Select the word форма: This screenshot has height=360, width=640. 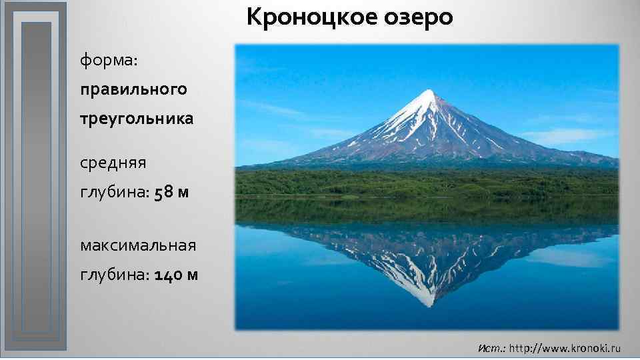(x=109, y=61)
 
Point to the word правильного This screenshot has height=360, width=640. (x=133, y=89)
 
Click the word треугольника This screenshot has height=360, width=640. (x=137, y=119)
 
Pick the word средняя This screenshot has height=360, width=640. (x=113, y=162)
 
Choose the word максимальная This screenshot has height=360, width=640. (x=138, y=245)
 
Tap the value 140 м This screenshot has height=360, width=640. (x=175, y=275)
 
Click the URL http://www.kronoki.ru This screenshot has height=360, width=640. (x=565, y=348)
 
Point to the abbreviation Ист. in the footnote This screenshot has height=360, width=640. (x=492, y=348)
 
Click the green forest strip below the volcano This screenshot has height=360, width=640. (x=427, y=181)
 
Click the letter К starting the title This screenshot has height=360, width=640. (x=254, y=17)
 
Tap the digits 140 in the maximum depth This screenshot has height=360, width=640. (x=167, y=275)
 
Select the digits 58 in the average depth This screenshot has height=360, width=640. (x=163, y=192)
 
